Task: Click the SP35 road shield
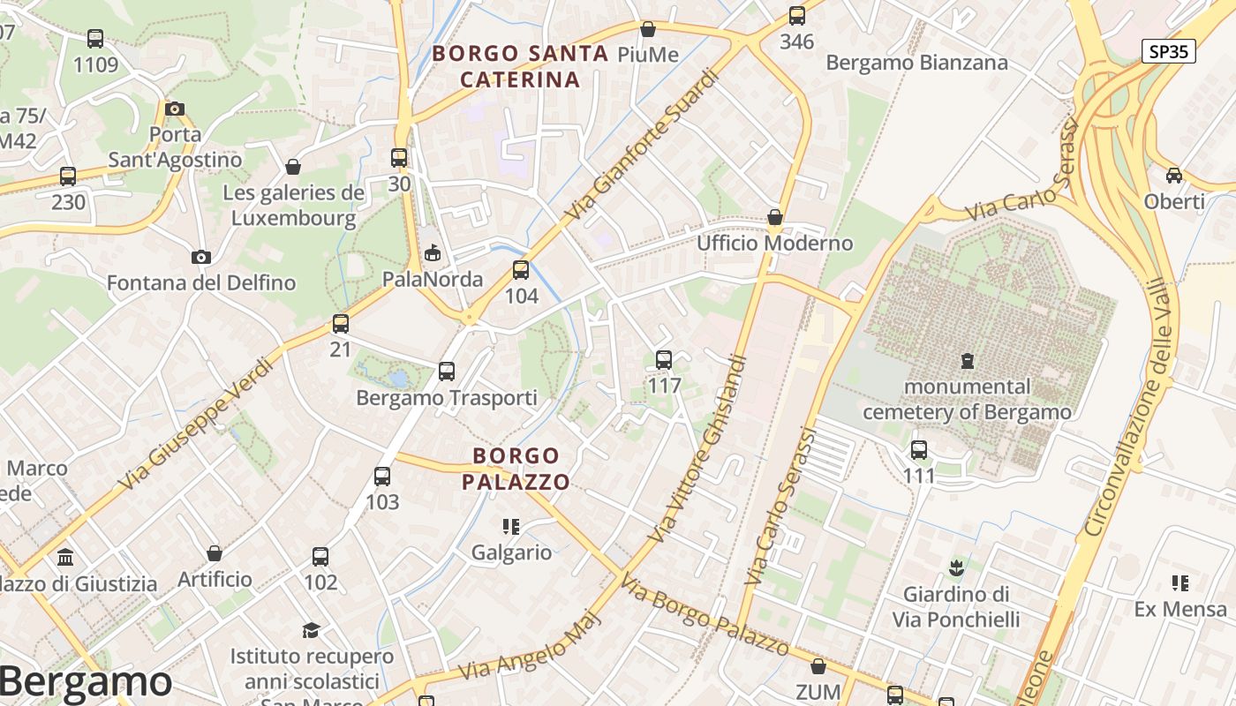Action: coord(1169,51)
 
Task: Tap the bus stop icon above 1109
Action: coord(95,39)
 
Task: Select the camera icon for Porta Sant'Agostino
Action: coord(175,109)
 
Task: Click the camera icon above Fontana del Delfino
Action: coord(201,257)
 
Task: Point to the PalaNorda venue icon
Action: coord(432,254)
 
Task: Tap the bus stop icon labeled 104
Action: coord(521,270)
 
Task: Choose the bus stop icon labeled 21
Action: coord(341,324)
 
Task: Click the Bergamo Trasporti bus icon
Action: coord(447,372)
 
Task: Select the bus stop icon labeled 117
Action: coord(664,360)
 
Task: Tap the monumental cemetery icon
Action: coord(968,360)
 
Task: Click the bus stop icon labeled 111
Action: coord(919,450)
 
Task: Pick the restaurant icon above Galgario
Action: coord(510,527)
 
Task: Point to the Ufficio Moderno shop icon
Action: coord(775,217)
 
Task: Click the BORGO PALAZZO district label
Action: coord(516,469)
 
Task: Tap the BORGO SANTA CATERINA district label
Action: coord(520,66)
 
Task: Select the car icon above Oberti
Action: coord(1174,175)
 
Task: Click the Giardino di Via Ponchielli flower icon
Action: coord(955,567)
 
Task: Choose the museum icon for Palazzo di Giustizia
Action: coord(65,558)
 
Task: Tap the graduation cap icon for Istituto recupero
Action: coord(311,630)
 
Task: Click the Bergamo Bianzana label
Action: coord(916,63)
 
